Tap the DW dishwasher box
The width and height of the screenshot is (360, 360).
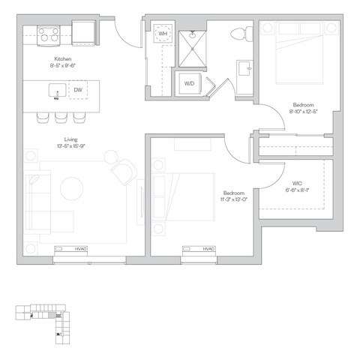coord(78,91)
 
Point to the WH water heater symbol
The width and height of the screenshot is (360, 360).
coord(162,34)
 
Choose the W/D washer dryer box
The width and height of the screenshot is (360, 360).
coord(188,83)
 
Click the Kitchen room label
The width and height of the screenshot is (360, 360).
coord(63,58)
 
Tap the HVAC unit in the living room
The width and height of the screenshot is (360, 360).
coord(72,250)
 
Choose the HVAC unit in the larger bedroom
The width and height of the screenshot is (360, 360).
coord(199,250)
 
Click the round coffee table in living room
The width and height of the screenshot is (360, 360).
coord(73,187)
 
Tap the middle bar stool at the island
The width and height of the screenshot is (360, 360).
coord(60,117)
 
